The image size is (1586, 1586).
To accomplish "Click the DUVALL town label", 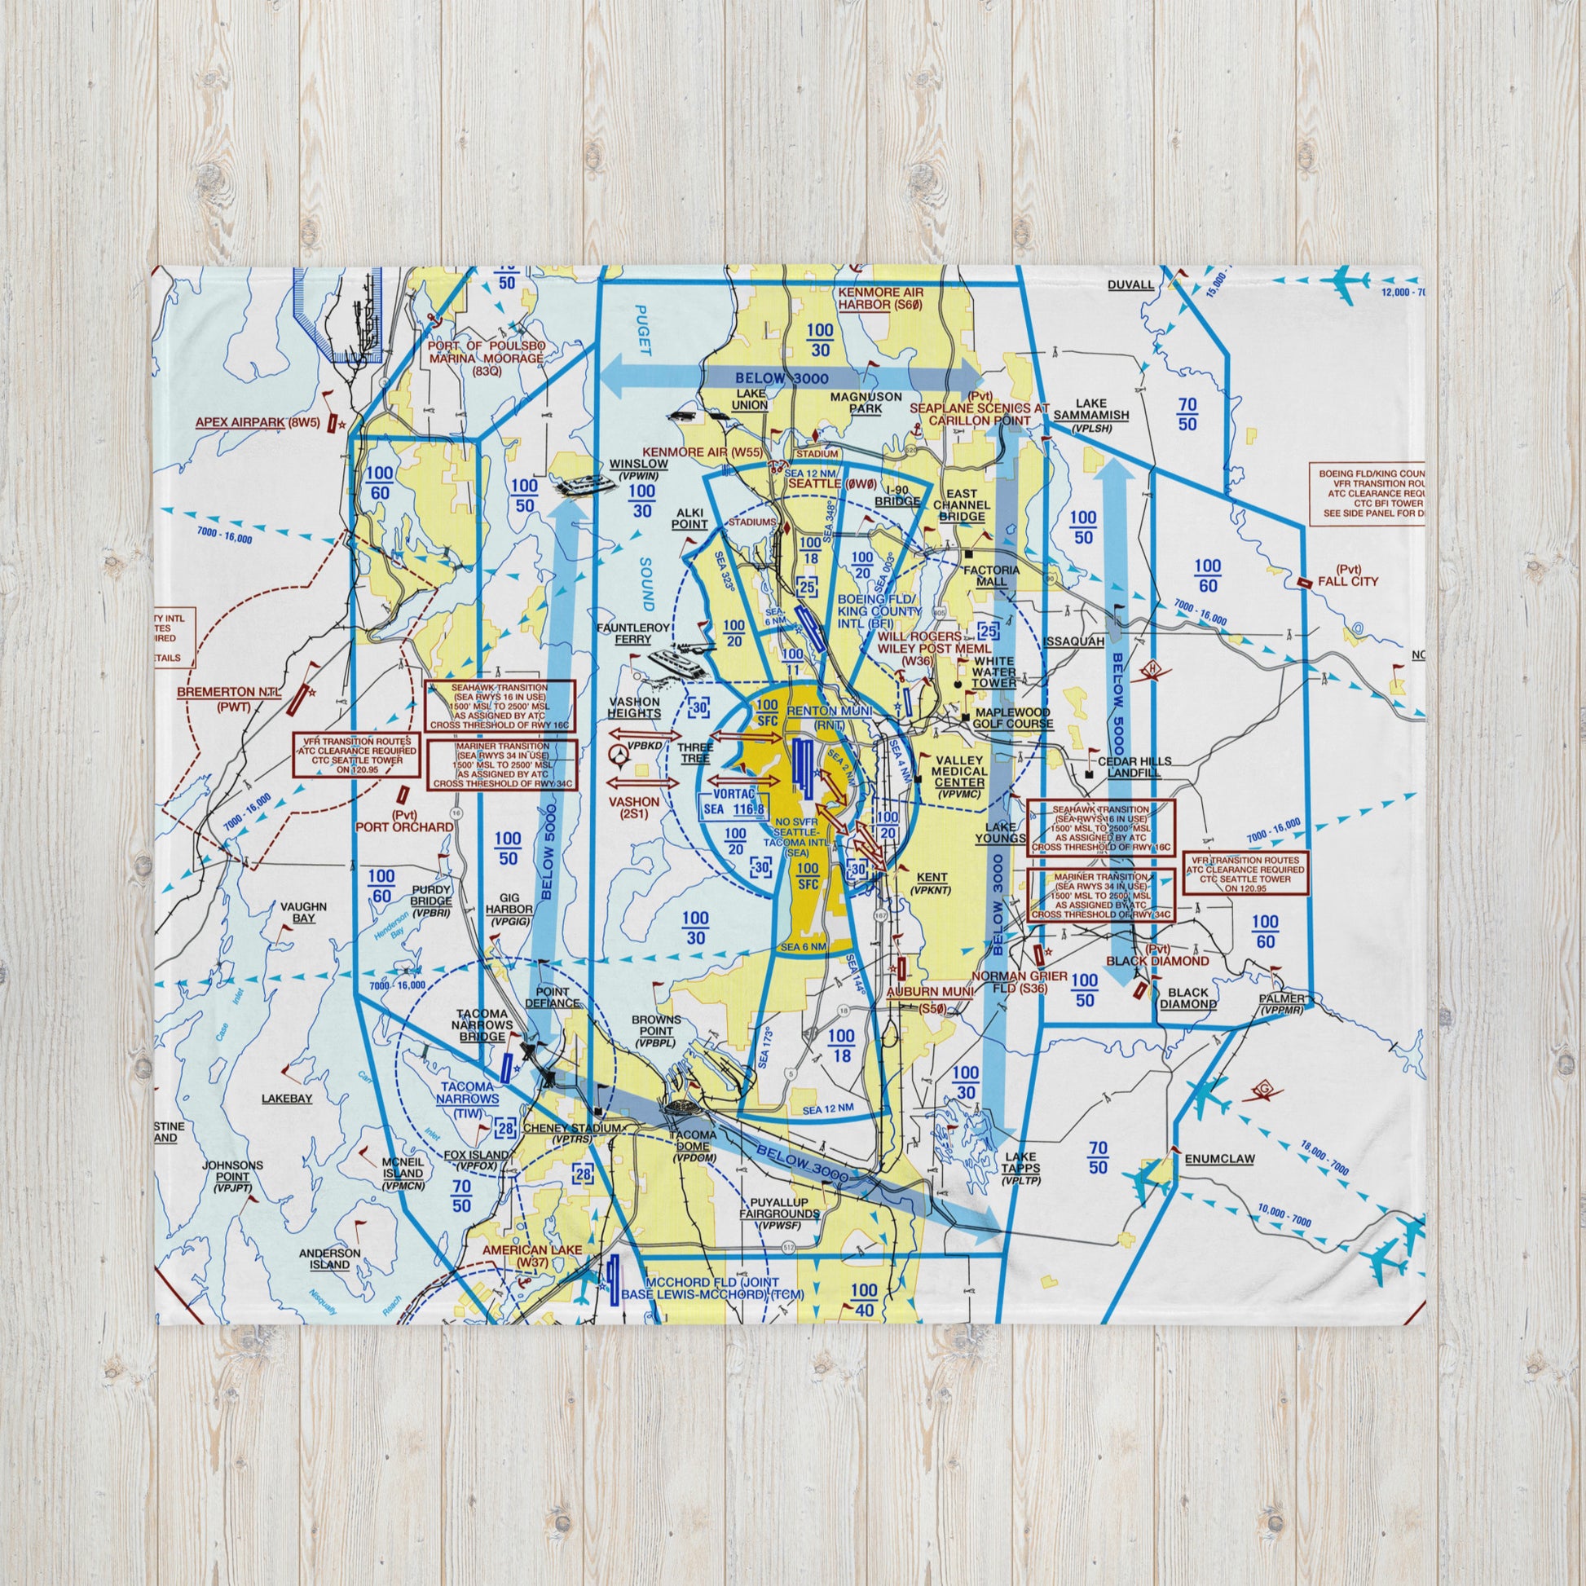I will pos(1130,285).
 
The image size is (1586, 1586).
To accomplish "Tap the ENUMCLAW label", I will pos(1220,1159).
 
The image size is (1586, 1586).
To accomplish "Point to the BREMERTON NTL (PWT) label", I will pos(228,699).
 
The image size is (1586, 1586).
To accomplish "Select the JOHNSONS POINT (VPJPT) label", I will pos(234,1176).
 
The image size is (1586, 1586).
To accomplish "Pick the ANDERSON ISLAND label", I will pos(329,1258).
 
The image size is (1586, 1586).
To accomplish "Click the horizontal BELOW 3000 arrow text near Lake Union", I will pos(782,378).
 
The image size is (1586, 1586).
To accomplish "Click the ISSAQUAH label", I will pos(1074,641).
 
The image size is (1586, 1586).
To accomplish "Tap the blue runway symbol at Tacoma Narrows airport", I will pos(506,1067).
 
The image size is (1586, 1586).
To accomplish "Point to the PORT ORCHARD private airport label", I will pos(403,821).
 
